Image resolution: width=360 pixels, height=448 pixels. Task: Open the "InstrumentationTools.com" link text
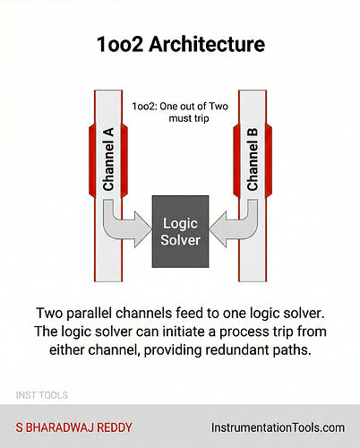coord(276,426)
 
